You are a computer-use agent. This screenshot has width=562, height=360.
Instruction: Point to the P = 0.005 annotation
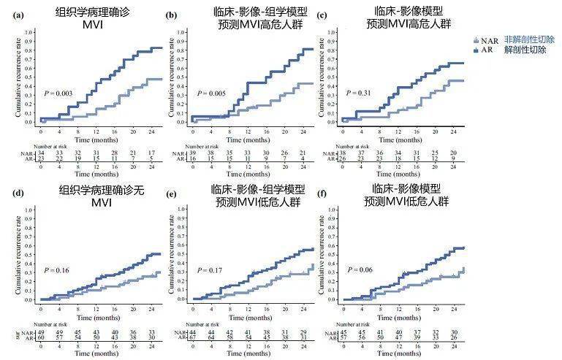[x=210, y=93]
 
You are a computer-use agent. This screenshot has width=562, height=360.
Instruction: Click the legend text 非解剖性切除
[x=529, y=39]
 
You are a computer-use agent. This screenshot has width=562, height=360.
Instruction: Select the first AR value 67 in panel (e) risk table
[x=191, y=338]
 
